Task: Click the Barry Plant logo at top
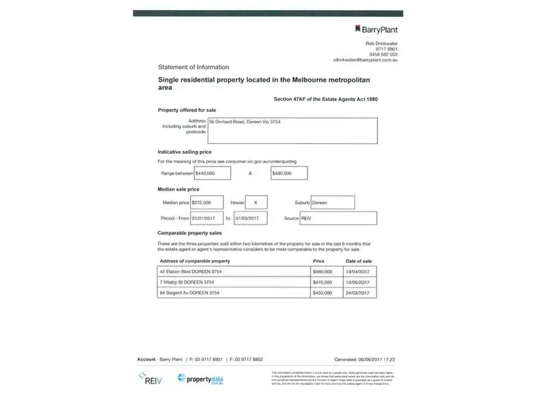tap(376, 29)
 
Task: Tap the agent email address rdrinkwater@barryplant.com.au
tap(364, 60)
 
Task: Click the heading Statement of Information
tap(189, 67)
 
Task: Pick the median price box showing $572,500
tap(206, 202)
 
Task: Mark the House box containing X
tap(255, 202)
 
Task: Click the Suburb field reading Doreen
tap(332, 202)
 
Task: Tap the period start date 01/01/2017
tap(206, 218)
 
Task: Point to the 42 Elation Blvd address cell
tap(234, 271)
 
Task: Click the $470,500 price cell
tap(328, 282)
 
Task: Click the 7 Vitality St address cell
tap(234, 282)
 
